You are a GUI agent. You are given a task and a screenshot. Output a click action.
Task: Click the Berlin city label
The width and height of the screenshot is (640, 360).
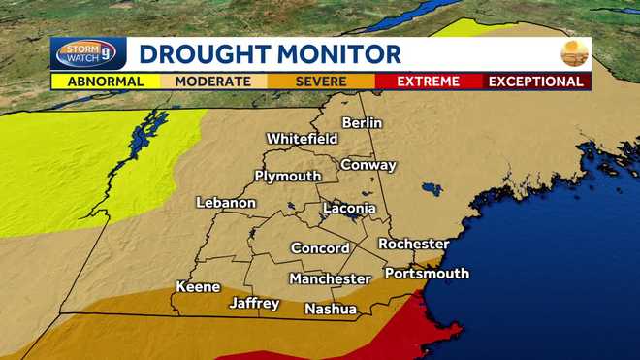362,123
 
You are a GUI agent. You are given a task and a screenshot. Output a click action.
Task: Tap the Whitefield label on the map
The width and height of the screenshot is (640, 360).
302,139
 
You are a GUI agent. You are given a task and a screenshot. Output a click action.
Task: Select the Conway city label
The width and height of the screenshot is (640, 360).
368,165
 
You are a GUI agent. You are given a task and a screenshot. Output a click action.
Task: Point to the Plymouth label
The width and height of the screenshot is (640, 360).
287,176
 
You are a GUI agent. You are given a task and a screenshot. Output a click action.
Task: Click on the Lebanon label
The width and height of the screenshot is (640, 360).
226,203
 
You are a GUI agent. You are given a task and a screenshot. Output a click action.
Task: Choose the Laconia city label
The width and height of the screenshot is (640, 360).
348,208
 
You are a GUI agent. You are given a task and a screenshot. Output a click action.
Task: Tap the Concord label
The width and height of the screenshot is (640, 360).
319,247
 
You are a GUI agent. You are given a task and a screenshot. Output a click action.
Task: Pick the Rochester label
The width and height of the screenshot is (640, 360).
413,244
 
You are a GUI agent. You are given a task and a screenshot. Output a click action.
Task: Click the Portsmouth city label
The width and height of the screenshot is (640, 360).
427,274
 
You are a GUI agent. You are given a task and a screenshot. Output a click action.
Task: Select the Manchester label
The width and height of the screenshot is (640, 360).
330,279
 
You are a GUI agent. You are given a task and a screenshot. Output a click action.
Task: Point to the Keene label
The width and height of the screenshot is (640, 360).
198,287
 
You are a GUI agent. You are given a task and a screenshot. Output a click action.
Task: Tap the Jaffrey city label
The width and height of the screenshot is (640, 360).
254,304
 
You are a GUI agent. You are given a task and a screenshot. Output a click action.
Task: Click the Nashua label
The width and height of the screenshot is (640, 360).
331,310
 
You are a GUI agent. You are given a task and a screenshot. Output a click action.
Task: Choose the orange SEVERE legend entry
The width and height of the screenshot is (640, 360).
319,82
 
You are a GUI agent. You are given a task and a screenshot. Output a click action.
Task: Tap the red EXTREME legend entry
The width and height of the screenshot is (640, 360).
427,82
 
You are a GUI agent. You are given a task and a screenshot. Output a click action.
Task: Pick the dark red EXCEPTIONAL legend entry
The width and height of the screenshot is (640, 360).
536,82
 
